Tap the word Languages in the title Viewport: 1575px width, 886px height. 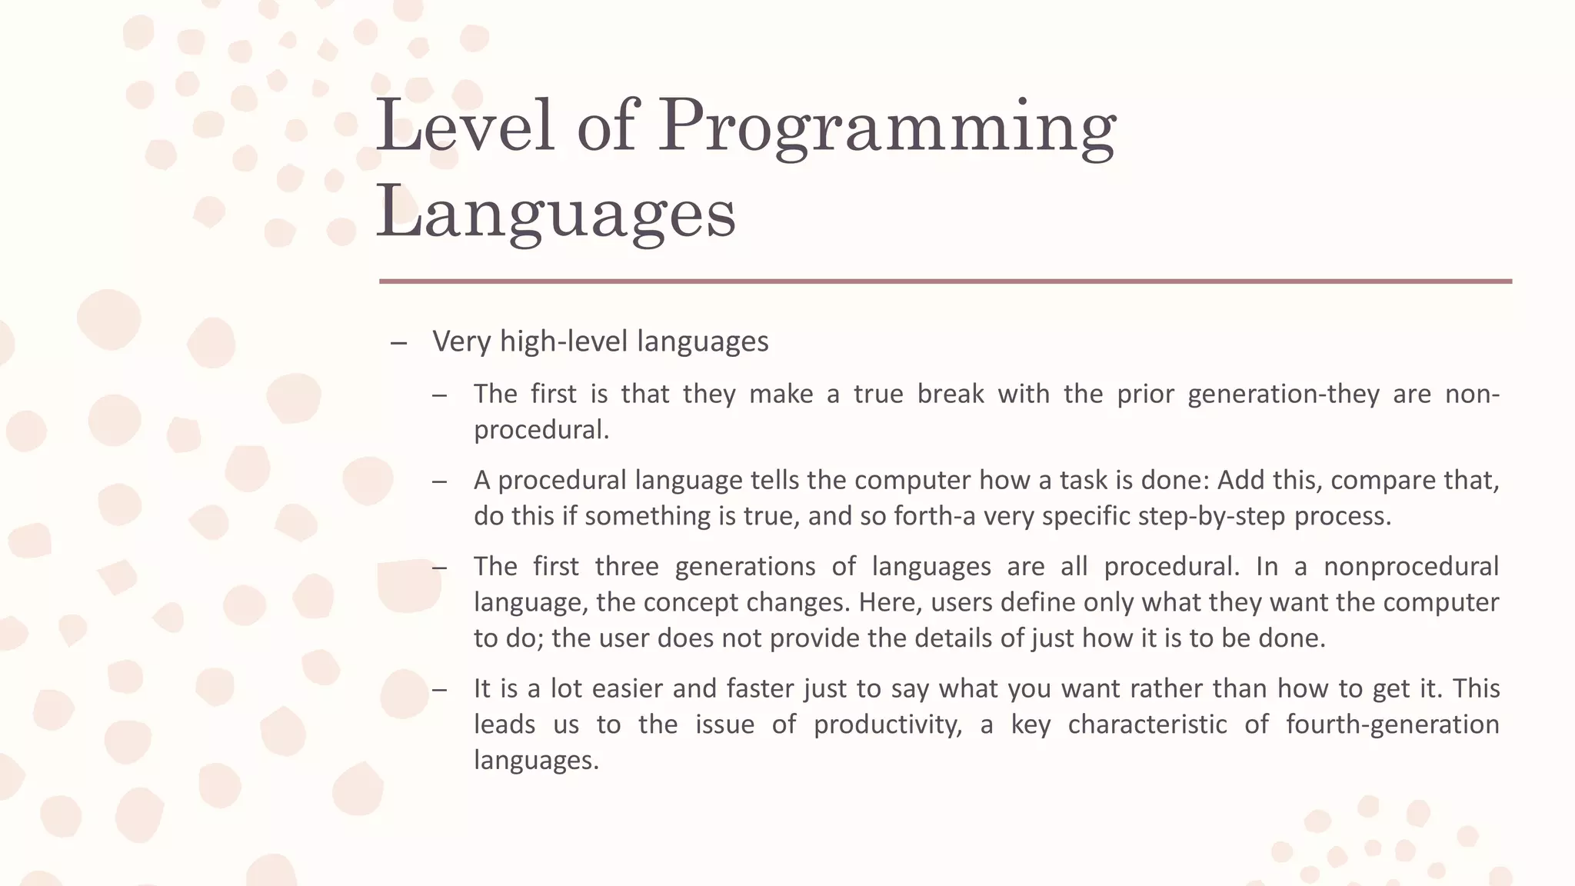(555, 213)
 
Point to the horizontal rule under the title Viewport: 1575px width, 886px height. (945, 281)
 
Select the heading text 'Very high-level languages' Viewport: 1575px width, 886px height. (600, 341)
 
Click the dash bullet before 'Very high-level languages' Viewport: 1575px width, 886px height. (398, 343)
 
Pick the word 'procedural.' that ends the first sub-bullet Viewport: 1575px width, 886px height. (541, 429)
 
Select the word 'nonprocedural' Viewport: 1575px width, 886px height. (1410, 566)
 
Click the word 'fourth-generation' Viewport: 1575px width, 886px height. (1392, 724)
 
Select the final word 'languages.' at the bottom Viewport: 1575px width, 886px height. (536, 760)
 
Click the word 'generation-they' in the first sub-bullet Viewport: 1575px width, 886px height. (1283, 394)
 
